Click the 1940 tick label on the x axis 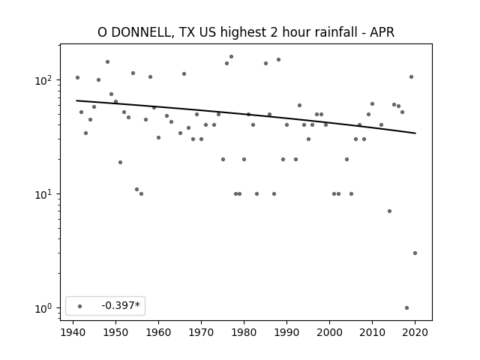(x=73, y=332)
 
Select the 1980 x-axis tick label (x=244, y=332)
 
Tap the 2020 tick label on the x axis (x=415, y=332)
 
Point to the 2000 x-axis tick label (x=329, y=332)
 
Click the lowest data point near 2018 (x=406, y=308)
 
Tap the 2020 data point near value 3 (x=415, y=253)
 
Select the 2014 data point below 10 (x=389, y=211)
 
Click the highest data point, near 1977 (x=232, y=57)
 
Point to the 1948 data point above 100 (x=107, y=61)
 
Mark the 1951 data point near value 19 (x=120, y=162)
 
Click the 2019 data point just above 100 (x=411, y=76)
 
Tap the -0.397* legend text (x=121, y=305)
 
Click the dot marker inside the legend (x=80, y=306)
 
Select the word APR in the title (x=382, y=32)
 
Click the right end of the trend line (x=415, y=133)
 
